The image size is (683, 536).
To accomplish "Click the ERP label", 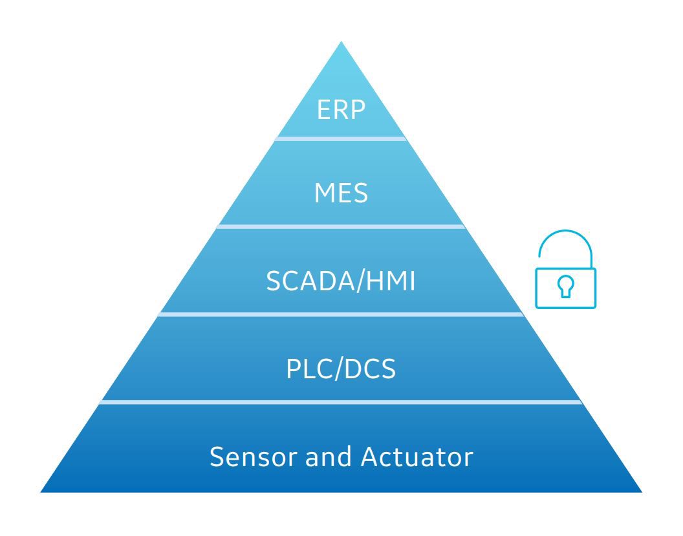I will (x=341, y=110).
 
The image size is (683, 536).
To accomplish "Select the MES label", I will (x=341, y=194).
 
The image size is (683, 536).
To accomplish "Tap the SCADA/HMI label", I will (x=341, y=282).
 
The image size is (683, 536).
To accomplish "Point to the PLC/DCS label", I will (x=341, y=369).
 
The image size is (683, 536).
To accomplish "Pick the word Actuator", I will (x=417, y=457).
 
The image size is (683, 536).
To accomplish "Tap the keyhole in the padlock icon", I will (x=566, y=287).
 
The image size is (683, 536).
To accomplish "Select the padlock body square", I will (x=566, y=288).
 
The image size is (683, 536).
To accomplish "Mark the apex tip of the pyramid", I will (x=341, y=43).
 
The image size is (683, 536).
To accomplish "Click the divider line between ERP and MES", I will (x=341, y=138).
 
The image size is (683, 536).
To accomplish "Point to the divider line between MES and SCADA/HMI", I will (x=341, y=226).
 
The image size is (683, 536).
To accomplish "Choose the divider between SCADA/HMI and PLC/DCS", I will (x=341, y=314).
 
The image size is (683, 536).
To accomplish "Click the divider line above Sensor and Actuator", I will (x=341, y=402).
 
